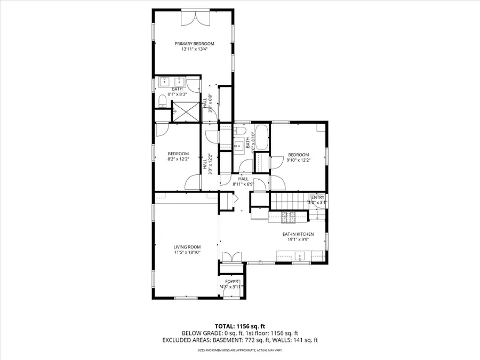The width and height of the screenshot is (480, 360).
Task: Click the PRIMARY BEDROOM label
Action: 194,43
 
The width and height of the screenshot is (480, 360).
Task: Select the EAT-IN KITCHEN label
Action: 298,234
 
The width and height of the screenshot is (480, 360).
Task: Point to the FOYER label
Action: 232,281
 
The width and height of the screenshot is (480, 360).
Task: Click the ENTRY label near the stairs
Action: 317,197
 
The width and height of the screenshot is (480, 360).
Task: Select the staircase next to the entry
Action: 289,202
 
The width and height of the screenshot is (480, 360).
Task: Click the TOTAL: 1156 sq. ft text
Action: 240,325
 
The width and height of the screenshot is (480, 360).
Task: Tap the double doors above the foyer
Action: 231,257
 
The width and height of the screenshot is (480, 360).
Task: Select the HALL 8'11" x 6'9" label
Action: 243,181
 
